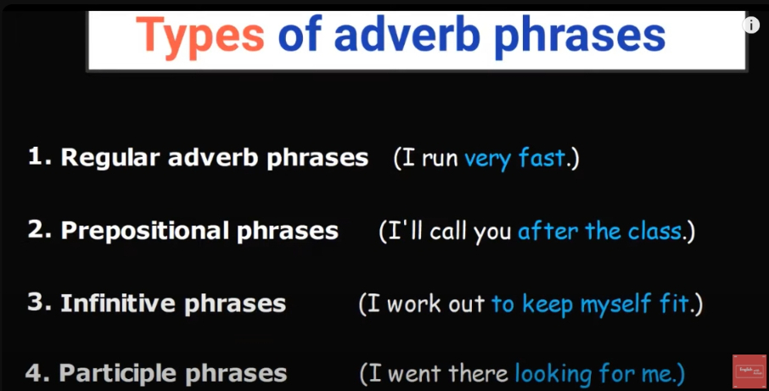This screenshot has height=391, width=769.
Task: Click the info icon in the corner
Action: coord(751,25)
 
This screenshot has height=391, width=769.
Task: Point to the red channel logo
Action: coord(749,371)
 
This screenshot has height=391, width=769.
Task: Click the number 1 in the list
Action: coord(36,157)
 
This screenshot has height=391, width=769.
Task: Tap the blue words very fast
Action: coord(514,159)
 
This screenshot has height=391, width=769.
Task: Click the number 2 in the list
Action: coord(36,230)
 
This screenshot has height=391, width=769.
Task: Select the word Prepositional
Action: coord(144,231)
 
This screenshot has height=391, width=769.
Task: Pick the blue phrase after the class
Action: coord(600,231)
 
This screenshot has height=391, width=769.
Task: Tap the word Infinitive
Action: coord(118,304)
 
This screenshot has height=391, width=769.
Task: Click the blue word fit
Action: coord(674,304)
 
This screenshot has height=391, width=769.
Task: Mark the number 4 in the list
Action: coord(34,373)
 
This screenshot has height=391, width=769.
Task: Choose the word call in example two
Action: coord(448,231)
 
